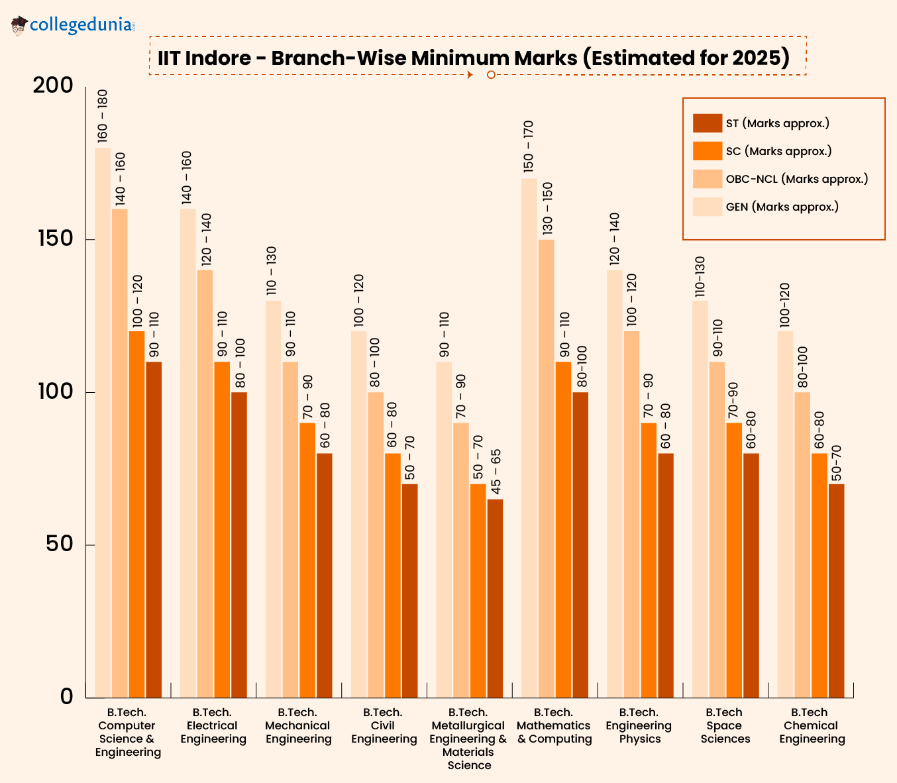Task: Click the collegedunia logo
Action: coord(73,26)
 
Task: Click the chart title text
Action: coord(473,58)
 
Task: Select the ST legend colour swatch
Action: coord(707,123)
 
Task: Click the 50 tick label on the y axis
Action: coord(59,545)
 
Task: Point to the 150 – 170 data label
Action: coord(529,146)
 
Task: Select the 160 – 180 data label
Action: coord(103,116)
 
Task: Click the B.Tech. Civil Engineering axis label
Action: coord(384,725)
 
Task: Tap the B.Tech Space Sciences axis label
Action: coord(725,725)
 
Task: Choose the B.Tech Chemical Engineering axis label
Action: coord(812,725)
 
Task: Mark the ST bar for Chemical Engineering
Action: coord(836,590)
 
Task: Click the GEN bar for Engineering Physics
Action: coord(615,484)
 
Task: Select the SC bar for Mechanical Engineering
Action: coord(307,560)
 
